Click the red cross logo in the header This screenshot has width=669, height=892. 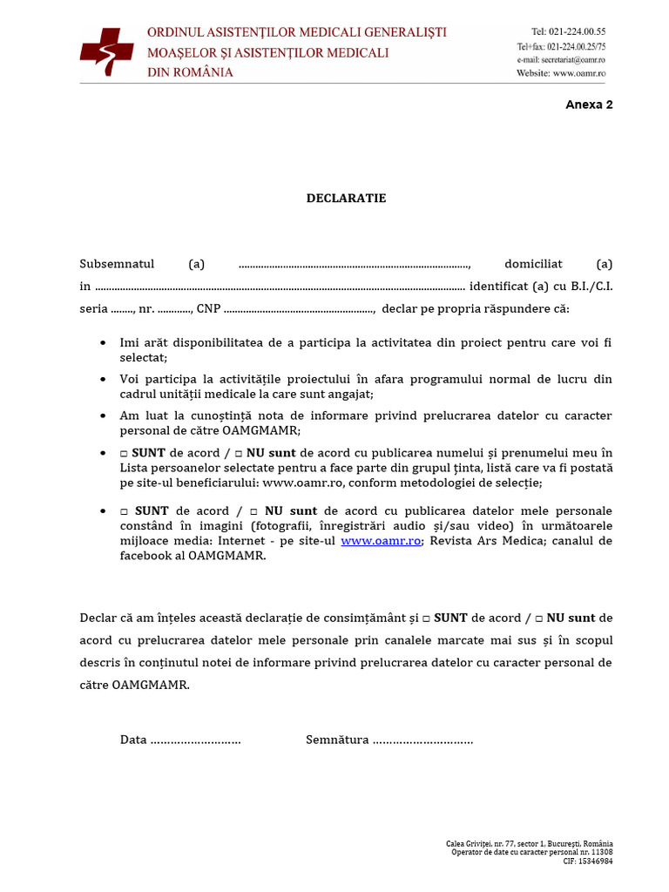[106, 51]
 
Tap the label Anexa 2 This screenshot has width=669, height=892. [589, 105]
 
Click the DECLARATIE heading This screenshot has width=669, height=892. [346, 199]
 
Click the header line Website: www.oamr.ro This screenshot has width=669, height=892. [560, 74]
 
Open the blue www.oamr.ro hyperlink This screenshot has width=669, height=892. [381, 541]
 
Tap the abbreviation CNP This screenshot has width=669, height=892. [208, 308]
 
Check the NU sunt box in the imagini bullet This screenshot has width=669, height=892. [253, 511]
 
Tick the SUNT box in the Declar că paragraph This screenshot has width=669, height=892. [426, 618]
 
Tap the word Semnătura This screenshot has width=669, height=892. [337, 740]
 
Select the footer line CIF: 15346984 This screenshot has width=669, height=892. [587, 861]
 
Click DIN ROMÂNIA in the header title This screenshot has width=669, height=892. [190, 72]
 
